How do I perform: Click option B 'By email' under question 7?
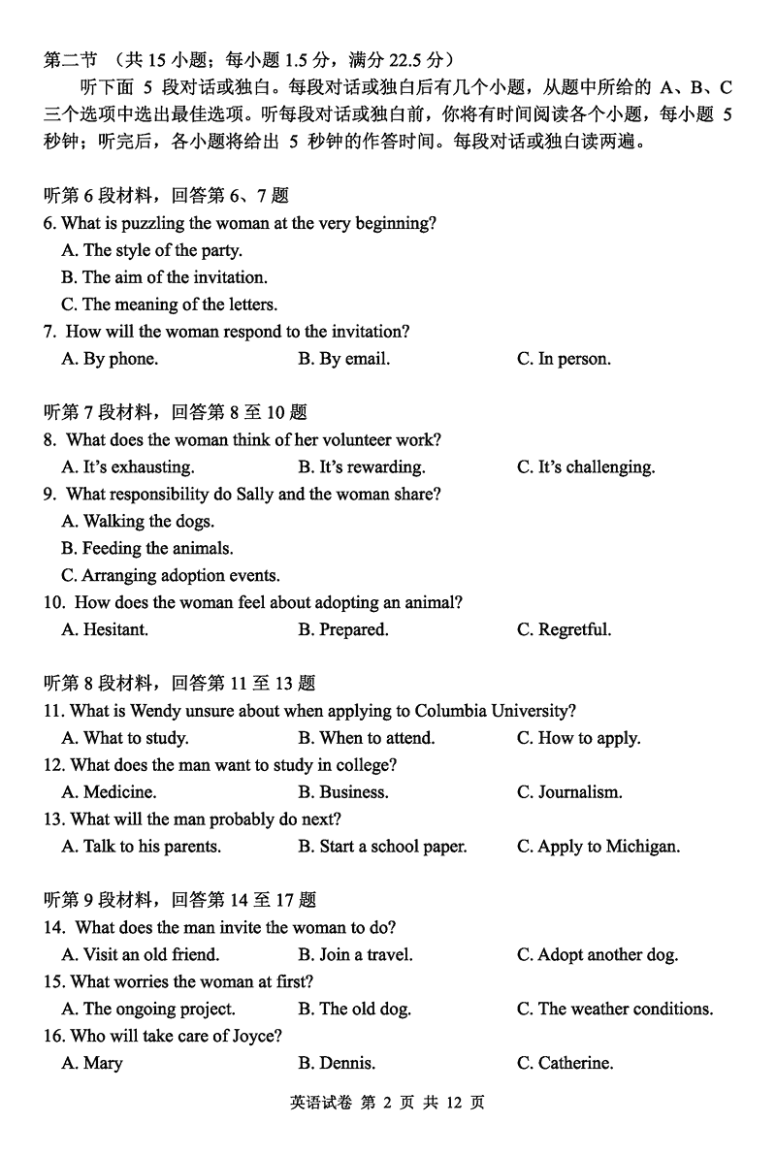click(x=343, y=359)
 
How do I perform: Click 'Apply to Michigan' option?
click(x=598, y=847)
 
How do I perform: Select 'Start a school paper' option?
click(x=382, y=847)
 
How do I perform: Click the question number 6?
click(x=49, y=224)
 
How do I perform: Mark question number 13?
click(x=54, y=819)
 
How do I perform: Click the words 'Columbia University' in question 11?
click(x=495, y=712)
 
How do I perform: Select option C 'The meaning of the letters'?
click(x=169, y=305)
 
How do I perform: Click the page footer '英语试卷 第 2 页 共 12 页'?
click(x=387, y=1103)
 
